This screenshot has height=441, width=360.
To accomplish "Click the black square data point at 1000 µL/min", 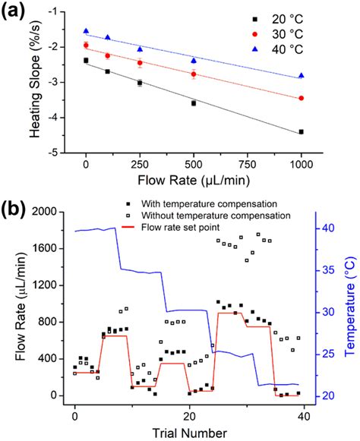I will click(302, 132).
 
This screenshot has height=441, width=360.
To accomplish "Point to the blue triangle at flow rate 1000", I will click(302, 75).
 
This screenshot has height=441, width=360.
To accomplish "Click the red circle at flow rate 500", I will click(194, 74).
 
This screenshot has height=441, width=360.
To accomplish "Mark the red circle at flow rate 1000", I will click(302, 98).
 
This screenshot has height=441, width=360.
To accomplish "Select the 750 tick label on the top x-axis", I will click(248, 165).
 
